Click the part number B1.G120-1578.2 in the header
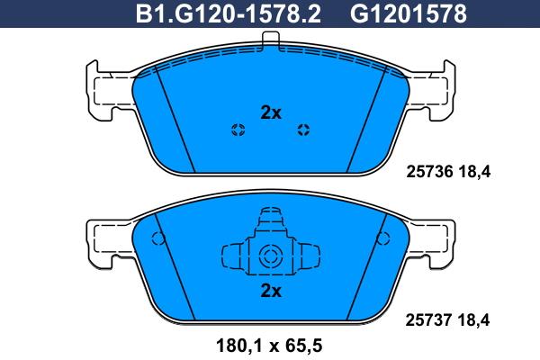click(x=229, y=14)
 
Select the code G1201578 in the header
click(x=409, y=14)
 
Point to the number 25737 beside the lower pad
click(x=428, y=320)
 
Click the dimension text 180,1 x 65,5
click(x=269, y=346)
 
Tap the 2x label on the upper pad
click(x=271, y=112)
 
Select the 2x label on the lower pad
click(x=271, y=291)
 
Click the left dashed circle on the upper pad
click(x=238, y=130)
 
